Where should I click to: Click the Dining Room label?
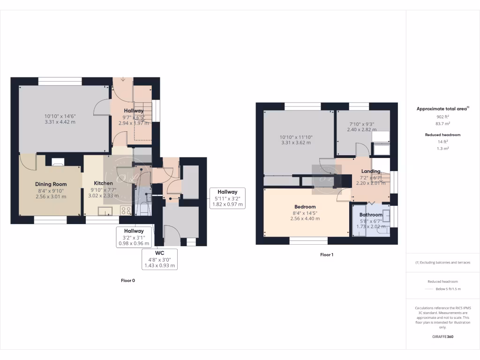point(51,184)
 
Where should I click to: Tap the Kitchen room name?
point(103,183)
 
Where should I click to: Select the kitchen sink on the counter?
point(104,210)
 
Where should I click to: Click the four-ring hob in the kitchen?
point(126,210)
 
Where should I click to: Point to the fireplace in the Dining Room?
point(58,162)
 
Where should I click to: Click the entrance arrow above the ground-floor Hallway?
point(123,79)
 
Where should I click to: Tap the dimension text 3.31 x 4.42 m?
point(60,122)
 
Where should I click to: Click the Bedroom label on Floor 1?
point(305,207)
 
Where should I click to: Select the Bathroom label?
point(371,215)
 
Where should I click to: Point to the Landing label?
point(371,171)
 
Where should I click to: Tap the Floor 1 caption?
point(326,255)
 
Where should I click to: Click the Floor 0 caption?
point(127,280)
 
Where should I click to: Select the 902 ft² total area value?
point(442,116)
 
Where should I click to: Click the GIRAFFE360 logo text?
point(442,337)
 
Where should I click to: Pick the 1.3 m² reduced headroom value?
point(442,148)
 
